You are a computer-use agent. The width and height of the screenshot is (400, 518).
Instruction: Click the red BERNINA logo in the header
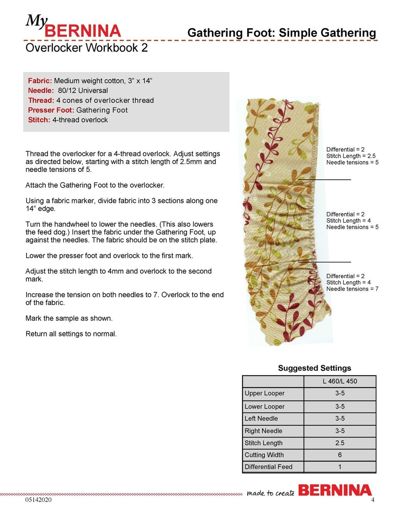click(x=82, y=31)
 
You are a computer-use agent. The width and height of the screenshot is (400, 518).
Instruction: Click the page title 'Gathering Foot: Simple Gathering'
click(x=281, y=33)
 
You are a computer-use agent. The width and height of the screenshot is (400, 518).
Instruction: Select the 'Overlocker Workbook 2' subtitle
click(x=86, y=48)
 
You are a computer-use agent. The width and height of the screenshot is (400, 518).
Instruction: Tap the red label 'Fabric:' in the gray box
click(x=40, y=81)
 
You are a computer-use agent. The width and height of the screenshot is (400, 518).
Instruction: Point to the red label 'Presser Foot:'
click(x=51, y=110)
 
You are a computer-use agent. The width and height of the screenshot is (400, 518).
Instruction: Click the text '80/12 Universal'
click(x=83, y=91)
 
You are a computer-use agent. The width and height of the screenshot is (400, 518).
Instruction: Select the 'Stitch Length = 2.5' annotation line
click(x=351, y=156)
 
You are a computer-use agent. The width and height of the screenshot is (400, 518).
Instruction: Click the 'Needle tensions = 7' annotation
click(x=352, y=289)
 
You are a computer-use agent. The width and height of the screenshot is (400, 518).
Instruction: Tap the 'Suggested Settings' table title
click(x=314, y=368)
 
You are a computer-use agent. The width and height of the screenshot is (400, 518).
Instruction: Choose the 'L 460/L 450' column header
click(x=340, y=381)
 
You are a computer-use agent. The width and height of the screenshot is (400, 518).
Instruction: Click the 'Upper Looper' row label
click(x=264, y=393)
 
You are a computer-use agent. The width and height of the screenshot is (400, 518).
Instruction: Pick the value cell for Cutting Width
click(x=340, y=455)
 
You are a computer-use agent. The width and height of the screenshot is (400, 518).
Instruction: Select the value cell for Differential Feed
click(x=340, y=467)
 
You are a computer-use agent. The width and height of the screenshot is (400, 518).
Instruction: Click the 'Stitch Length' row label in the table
click(x=264, y=443)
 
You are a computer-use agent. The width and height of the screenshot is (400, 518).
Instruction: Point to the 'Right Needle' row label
click(x=263, y=431)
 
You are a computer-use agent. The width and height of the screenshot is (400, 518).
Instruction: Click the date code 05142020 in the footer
click(x=38, y=500)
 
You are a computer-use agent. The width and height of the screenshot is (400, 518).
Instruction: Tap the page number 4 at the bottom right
click(x=373, y=500)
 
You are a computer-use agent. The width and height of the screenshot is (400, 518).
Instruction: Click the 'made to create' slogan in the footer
click(x=270, y=493)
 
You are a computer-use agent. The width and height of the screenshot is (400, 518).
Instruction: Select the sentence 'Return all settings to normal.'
click(x=71, y=334)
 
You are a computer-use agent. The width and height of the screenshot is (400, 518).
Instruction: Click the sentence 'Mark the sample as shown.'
click(x=69, y=318)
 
